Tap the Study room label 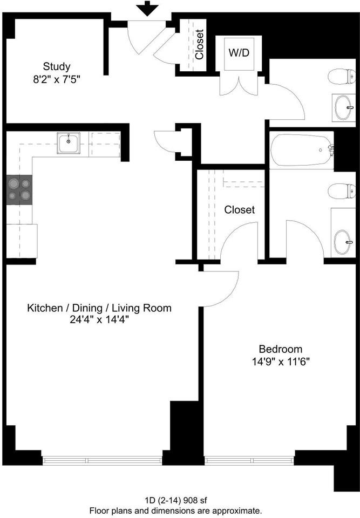click(x=57, y=67)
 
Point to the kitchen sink click(x=69, y=144)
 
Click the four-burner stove click(x=19, y=190)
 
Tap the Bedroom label click(x=280, y=349)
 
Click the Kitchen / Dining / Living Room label click(x=99, y=308)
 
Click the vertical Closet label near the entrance click(x=199, y=44)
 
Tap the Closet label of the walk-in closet click(x=240, y=209)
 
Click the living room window click(x=102, y=460)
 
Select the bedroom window click(x=249, y=460)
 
